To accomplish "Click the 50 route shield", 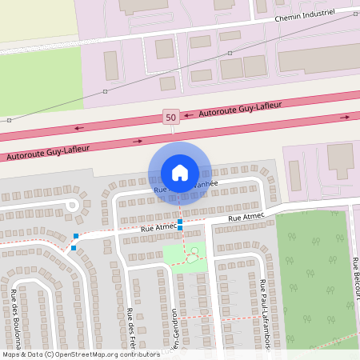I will point(170,117).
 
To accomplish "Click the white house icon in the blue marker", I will point(179,172).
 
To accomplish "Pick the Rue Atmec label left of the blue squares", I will point(158,228).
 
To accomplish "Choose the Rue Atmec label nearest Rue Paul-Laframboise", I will point(246,217).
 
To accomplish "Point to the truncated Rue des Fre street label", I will point(130,332).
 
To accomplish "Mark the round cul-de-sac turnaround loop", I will point(71,205).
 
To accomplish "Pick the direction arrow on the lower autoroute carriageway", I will point(138,141).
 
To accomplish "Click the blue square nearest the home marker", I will point(180,221).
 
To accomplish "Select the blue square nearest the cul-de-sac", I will point(76,235).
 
